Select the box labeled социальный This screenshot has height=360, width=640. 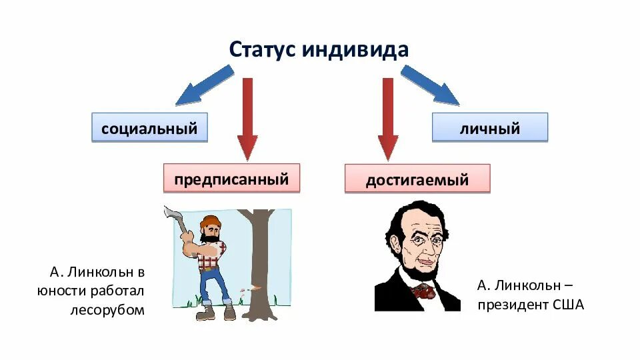[149, 127]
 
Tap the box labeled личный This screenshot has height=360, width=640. [490, 127]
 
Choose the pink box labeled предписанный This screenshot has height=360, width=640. [232, 178]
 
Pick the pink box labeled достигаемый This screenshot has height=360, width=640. [417, 179]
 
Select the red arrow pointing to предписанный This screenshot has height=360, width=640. [247, 117]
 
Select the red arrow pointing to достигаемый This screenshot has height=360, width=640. [387, 117]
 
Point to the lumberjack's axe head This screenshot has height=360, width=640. [169, 215]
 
